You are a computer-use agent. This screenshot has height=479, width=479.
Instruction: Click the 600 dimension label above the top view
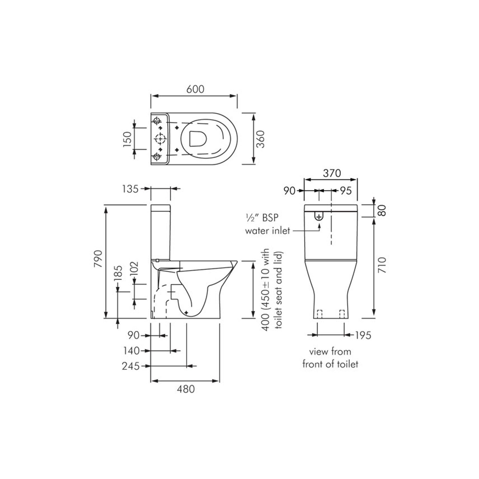195,89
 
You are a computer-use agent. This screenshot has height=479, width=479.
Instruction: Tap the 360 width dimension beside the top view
260,139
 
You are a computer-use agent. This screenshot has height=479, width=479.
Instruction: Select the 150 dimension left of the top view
127,139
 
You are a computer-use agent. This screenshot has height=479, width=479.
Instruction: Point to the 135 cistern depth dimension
130,189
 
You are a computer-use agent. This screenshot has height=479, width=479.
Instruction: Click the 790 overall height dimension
98,259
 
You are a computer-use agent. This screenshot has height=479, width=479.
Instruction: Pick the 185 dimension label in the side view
118,274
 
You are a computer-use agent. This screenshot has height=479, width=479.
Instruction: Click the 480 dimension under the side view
185,389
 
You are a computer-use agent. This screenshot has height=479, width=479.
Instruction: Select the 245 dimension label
131,366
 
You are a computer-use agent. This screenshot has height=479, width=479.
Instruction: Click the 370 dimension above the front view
332,173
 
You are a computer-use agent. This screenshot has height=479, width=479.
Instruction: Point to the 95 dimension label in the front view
346,191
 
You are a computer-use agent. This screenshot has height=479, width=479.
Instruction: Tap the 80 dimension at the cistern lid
383,211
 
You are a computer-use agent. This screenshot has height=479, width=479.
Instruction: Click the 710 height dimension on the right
382,265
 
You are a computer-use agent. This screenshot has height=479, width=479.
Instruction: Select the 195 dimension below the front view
363,335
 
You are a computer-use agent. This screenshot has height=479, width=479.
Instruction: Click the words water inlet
268,231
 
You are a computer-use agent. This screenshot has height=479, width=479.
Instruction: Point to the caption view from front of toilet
330,358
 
